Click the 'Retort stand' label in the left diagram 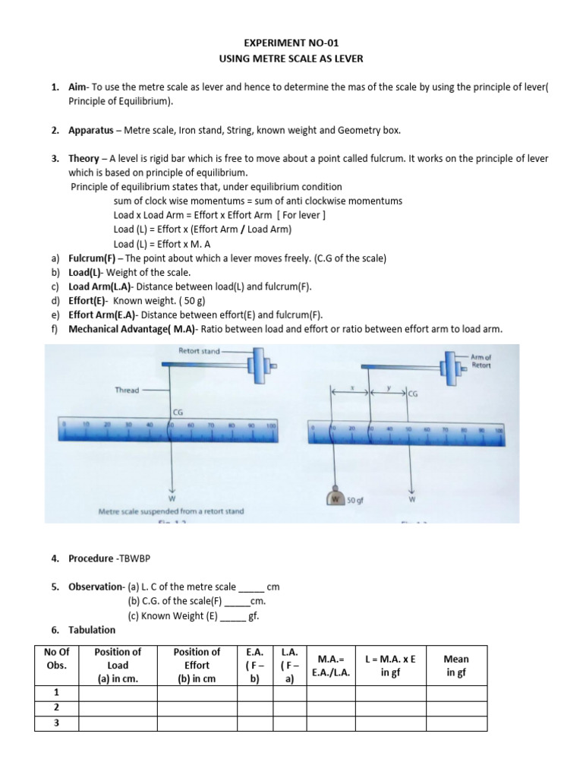click(x=198, y=352)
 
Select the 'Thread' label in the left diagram click(x=127, y=390)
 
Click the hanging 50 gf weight click(x=335, y=499)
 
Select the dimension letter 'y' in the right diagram click(x=388, y=387)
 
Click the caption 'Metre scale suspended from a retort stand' click(x=172, y=511)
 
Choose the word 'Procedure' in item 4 click(x=90, y=558)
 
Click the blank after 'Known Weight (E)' click(x=232, y=616)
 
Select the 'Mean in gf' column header click(x=457, y=666)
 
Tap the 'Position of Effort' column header click(x=197, y=665)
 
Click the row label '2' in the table click(x=56, y=707)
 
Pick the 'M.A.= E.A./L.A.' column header click(x=330, y=666)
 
